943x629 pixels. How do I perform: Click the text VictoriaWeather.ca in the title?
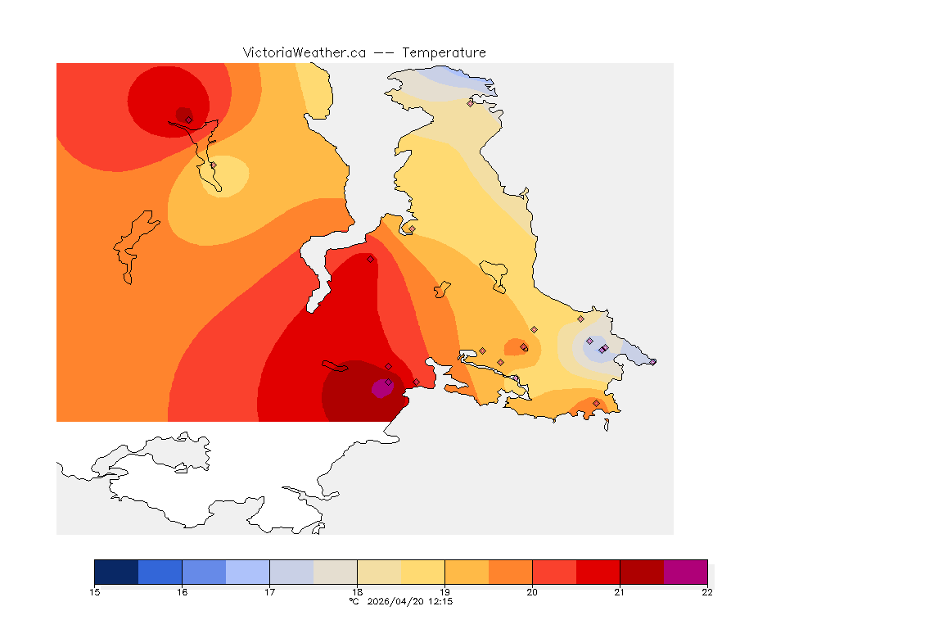coord(304,52)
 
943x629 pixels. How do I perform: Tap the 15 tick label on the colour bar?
coord(95,592)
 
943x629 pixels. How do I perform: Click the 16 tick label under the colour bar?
coord(183,592)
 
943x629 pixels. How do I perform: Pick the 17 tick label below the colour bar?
coord(270,592)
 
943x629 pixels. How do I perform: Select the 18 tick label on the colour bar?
coord(358,592)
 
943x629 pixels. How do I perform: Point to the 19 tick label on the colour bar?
coord(444,592)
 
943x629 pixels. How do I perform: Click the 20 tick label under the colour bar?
coord(532,592)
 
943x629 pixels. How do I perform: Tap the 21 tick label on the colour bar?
coord(620,592)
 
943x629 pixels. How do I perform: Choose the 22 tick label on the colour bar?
coord(707,592)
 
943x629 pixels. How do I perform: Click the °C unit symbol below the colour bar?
coord(354,601)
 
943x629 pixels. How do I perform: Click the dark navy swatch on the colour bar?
coord(116,572)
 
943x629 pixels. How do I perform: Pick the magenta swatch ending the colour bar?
coord(685,572)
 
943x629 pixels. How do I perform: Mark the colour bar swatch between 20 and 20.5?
coord(554,572)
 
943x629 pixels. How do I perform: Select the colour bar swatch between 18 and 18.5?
coord(379,572)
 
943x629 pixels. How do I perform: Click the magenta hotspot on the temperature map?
coord(381,389)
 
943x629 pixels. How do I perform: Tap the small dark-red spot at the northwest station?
coord(183,114)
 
